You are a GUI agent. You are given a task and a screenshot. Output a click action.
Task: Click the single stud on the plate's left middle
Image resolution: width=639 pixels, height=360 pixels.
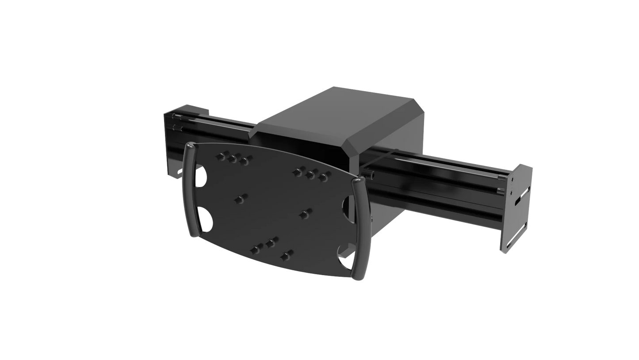241,199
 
